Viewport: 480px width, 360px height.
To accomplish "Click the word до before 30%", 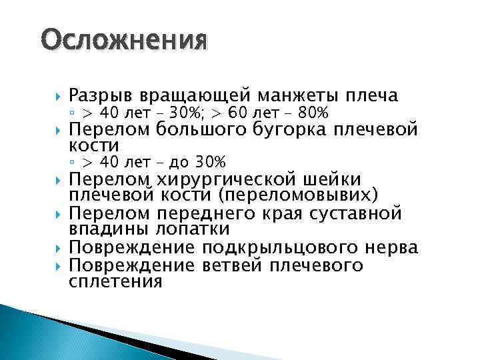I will pyautogui.click(x=178, y=162).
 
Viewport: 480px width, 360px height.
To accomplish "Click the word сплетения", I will pyautogui.click(x=116, y=281).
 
